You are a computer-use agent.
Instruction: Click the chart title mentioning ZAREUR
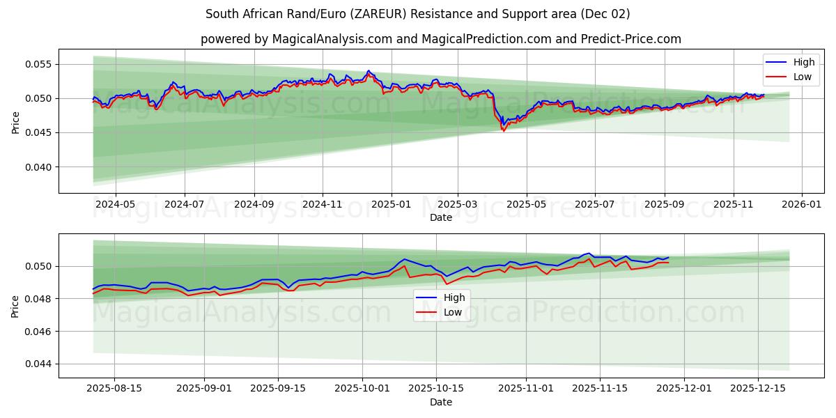pyautogui.click(x=418, y=14)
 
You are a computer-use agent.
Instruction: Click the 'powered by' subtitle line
pyautogui.click(x=440, y=39)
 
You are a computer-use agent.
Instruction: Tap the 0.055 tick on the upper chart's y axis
pyautogui.click(x=39, y=64)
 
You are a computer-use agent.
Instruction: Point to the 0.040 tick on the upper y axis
pyautogui.click(x=39, y=167)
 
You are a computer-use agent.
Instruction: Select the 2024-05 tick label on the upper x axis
pyautogui.click(x=115, y=205)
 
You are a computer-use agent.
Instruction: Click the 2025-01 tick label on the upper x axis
pyautogui.click(x=391, y=205)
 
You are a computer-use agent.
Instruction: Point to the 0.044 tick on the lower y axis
pyautogui.click(x=39, y=364)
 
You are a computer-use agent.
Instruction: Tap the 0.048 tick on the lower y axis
pyautogui.click(x=39, y=299)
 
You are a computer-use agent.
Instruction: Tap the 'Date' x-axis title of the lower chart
pyautogui.click(x=440, y=402)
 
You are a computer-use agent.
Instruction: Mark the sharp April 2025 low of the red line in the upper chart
pyautogui.click(x=504, y=130)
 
